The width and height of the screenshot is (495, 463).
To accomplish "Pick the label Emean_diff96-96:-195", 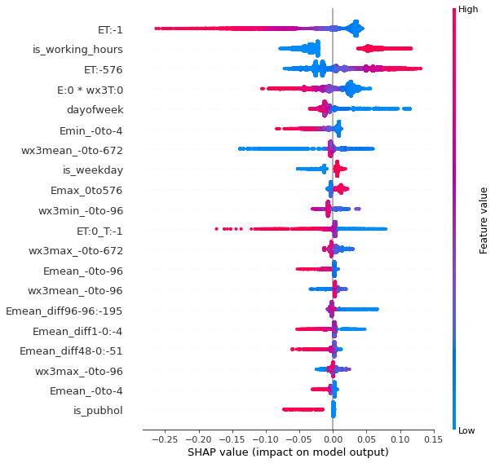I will (64, 311).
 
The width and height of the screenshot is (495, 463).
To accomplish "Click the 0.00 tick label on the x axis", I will (333, 439).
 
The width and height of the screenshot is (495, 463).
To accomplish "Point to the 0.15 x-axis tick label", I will (433, 439).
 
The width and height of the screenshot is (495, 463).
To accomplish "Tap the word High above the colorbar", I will (468, 10).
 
